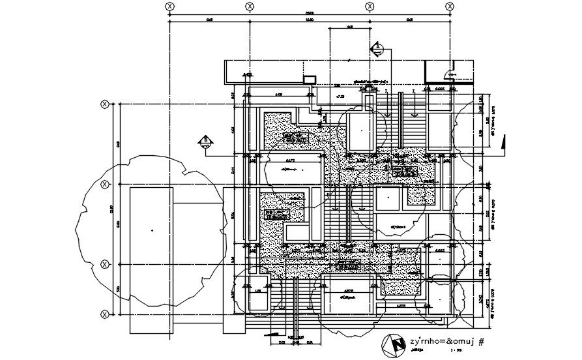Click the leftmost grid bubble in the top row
coord(169,6)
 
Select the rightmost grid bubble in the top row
coord(450,6)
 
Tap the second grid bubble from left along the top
coord(249,6)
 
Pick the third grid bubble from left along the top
coord(369,6)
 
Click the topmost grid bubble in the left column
coord(104,104)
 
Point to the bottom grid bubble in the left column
coord(104,314)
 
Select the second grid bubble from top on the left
coord(104,185)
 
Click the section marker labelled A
coord(377,48)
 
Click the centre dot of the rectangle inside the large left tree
coord(151,230)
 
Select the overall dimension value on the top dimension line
coord(310,12)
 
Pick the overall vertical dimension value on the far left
coord(111,209)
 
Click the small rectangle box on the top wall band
coord(310,80)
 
